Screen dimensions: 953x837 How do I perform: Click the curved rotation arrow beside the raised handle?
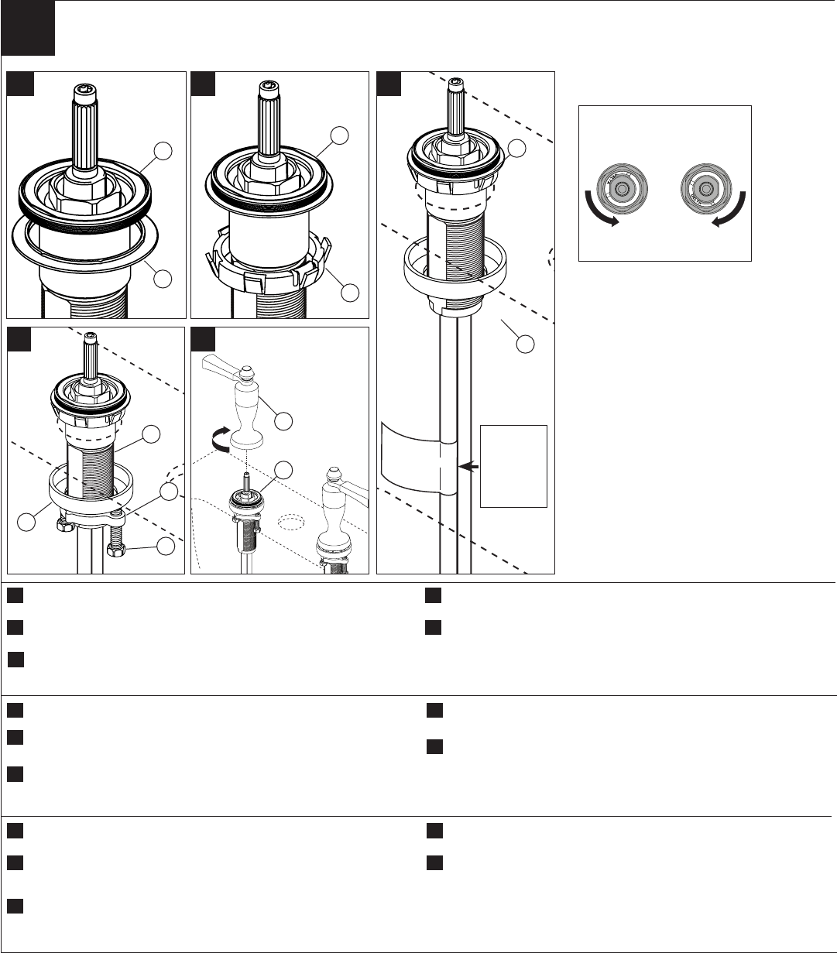221,438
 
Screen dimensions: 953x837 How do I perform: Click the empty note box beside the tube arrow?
513,465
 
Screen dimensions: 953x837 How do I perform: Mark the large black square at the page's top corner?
28,28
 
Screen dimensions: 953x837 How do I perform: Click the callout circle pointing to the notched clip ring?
351,293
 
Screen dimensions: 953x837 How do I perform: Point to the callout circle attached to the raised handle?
284,420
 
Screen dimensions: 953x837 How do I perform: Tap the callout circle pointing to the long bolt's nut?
165,547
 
